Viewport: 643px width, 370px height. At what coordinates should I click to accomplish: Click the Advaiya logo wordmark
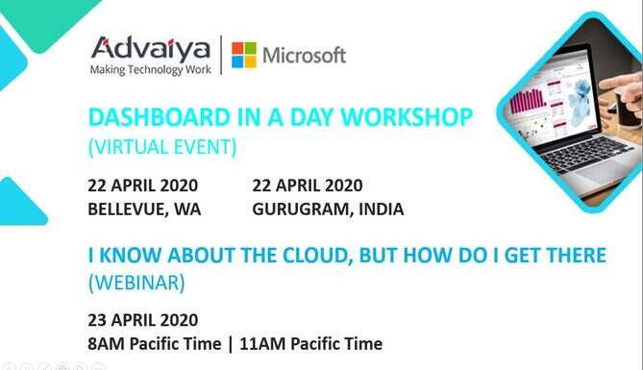pos(151,48)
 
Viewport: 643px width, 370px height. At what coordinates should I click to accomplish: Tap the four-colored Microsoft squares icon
pos(244,55)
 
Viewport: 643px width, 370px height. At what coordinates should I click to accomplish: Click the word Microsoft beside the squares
pos(305,56)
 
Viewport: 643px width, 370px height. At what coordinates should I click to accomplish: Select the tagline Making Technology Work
pos(151,70)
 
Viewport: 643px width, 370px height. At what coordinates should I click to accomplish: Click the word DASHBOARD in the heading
pos(160,117)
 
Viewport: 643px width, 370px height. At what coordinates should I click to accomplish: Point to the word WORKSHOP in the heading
pos(408,117)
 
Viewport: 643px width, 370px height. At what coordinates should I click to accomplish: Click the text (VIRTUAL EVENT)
pos(162,147)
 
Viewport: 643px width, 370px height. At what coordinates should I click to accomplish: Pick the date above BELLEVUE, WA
pos(142,185)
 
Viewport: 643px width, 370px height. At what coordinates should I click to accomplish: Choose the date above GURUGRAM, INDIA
pos(308,185)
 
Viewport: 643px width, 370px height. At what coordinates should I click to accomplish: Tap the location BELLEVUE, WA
pos(144,210)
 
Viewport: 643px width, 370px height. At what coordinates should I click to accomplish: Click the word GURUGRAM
pos(304,210)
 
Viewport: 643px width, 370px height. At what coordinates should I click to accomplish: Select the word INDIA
pos(382,210)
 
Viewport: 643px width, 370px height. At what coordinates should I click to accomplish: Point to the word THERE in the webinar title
pos(576,255)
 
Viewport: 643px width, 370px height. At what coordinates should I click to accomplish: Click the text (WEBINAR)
pos(136,283)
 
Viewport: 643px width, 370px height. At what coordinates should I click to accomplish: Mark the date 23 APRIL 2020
pos(142,320)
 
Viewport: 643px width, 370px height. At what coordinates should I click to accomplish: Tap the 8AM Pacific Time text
pos(154,344)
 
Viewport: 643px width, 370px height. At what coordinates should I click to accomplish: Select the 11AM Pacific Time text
pos(310,344)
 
